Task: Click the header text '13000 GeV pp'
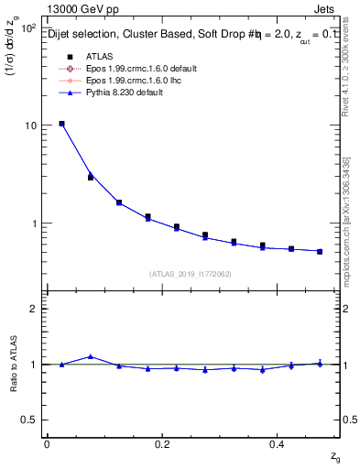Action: pos(80,10)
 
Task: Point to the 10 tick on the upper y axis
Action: pos(30,125)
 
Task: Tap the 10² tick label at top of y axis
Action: pos(28,27)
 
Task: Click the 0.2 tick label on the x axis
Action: pos(162,443)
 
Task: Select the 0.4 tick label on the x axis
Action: pos(277,443)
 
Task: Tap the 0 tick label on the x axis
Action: pos(47,443)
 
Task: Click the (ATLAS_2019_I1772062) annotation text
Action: pos(189,273)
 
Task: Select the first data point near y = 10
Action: pos(61,123)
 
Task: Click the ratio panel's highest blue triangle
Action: pos(90,356)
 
